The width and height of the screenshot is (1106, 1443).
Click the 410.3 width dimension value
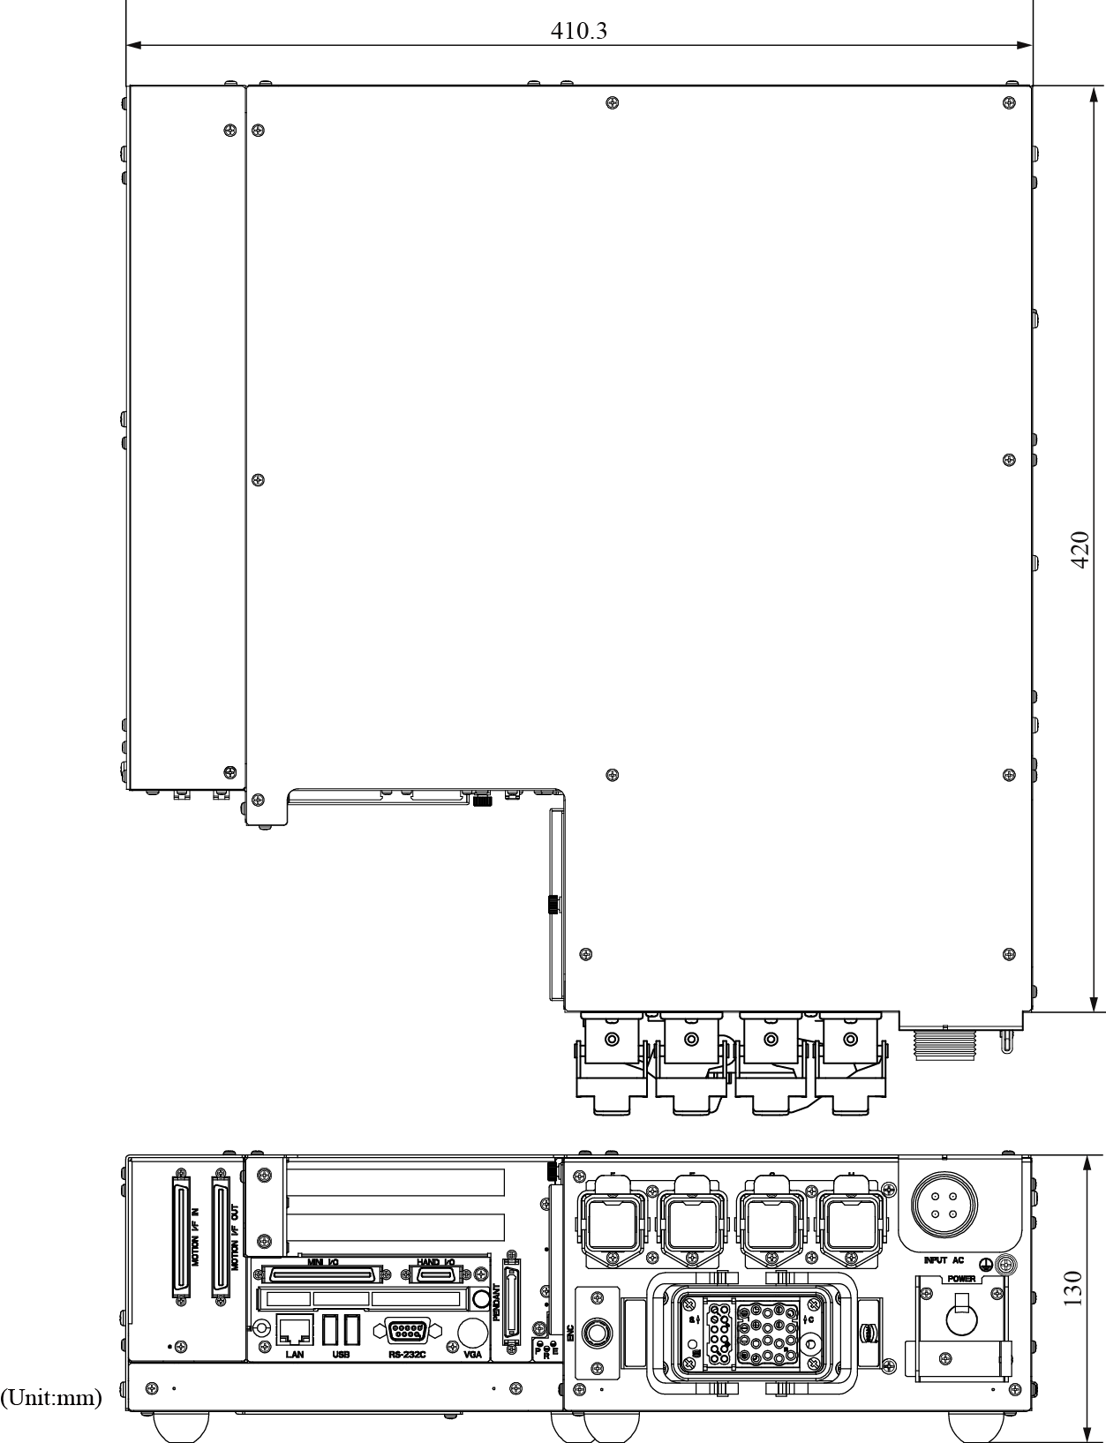(x=579, y=32)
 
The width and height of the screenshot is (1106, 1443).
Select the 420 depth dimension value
(x=1080, y=549)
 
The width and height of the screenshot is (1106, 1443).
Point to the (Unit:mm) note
(x=51, y=1398)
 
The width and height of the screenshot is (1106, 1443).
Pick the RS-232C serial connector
(x=408, y=1331)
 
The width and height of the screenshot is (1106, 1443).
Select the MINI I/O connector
(x=323, y=1274)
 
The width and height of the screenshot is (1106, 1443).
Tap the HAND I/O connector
(x=436, y=1274)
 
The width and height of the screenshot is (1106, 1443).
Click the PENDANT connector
(x=511, y=1301)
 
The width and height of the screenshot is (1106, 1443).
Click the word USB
(x=341, y=1355)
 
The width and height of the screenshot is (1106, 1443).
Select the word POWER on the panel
(x=961, y=1279)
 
